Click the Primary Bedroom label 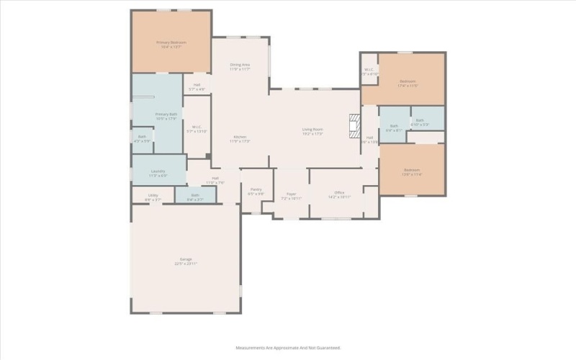pos(171,42)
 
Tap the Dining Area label pos(240,65)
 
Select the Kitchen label pos(240,137)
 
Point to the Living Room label pos(312,130)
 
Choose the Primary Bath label pos(166,114)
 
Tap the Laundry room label pos(158,171)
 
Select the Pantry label pos(256,189)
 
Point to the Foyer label pos(292,193)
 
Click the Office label pos(339,193)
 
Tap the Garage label pos(186,259)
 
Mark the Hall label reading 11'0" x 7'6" pos(215,178)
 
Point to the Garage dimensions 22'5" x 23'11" pos(186,264)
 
